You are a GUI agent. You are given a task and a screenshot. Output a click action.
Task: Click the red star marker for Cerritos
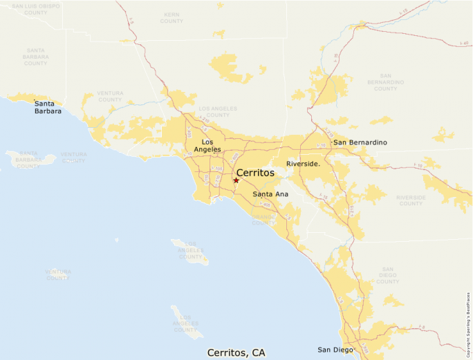[x=236, y=180]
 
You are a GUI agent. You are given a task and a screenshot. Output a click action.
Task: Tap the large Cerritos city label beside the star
[x=255, y=173]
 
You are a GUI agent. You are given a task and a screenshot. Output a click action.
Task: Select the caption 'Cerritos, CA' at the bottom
[x=236, y=352]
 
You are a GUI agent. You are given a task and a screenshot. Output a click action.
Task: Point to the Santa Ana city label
[x=270, y=194]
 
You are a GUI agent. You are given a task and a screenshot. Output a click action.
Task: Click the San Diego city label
[x=335, y=350]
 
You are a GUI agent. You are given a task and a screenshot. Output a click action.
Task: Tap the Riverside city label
[x=303, y=164]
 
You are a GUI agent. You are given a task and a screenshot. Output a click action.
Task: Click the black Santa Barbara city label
[x=48, y=106]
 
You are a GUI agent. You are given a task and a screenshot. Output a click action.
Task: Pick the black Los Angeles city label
[x=207, y=145]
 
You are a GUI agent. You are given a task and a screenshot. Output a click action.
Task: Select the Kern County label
[x=171, y=17]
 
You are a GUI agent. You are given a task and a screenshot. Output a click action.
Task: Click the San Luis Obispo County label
[x=36, y=9]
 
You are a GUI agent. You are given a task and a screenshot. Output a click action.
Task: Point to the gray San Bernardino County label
[x=386, y=82]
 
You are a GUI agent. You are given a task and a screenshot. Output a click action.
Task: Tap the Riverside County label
[x=411, y=200]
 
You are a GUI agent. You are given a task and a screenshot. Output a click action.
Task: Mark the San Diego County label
[x=387, y=275]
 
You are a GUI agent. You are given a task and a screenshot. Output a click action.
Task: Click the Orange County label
[x=263, y=220]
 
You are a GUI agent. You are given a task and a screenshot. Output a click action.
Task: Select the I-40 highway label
[x=463, y=44]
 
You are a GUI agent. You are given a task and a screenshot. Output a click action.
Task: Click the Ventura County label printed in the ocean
[x=57, y=274]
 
